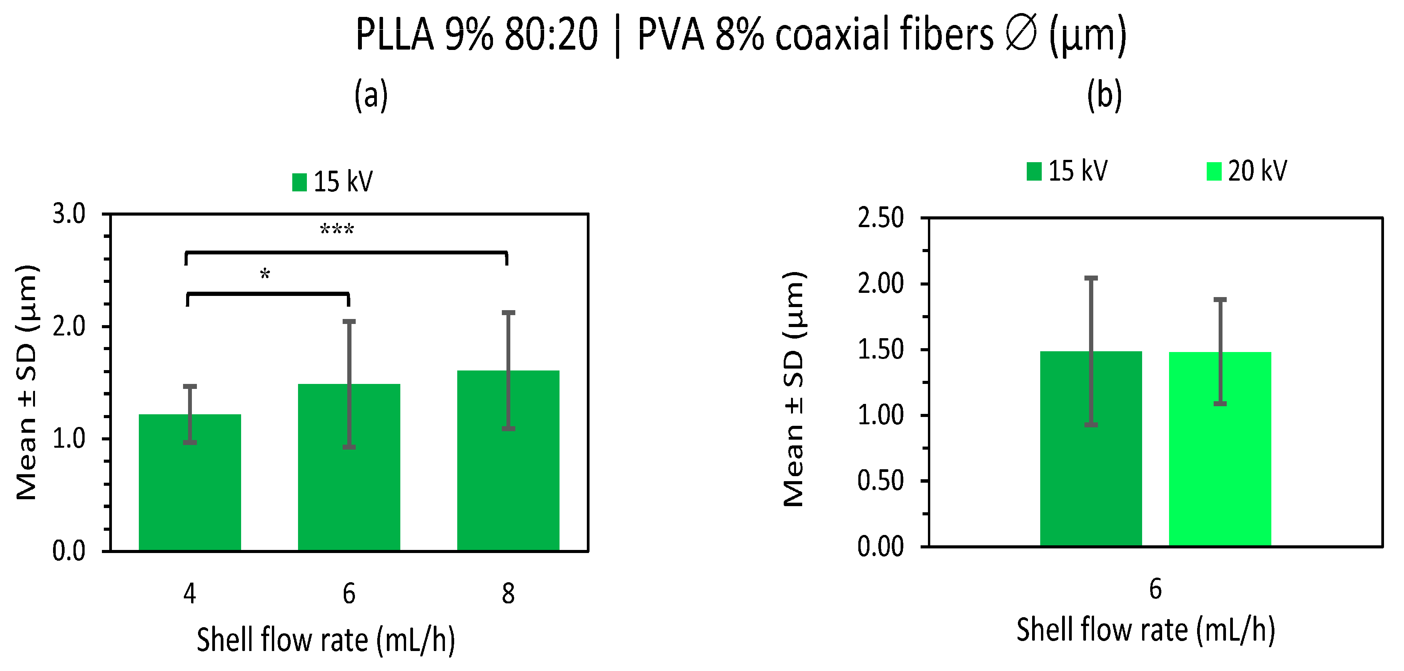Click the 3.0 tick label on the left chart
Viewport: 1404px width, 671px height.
click(x=69, y=214)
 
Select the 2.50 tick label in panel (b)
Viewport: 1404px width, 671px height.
click(x=881, y=218)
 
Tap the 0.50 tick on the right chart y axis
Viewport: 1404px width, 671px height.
click(x=881, y=481)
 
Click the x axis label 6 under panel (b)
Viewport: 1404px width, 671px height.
click(x=1156, y=589)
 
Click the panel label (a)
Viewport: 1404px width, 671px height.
click(x=371, y=95)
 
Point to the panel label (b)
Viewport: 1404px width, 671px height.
click(x=1104, y=95)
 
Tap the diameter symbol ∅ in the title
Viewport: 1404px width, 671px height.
click(x=1020, y=35)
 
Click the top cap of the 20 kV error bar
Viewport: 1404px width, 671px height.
click(x=1220, y=299)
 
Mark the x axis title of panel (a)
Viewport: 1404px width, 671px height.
click(x=326, y=639)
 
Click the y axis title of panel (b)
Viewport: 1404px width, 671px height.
click(x=794, y=389)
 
